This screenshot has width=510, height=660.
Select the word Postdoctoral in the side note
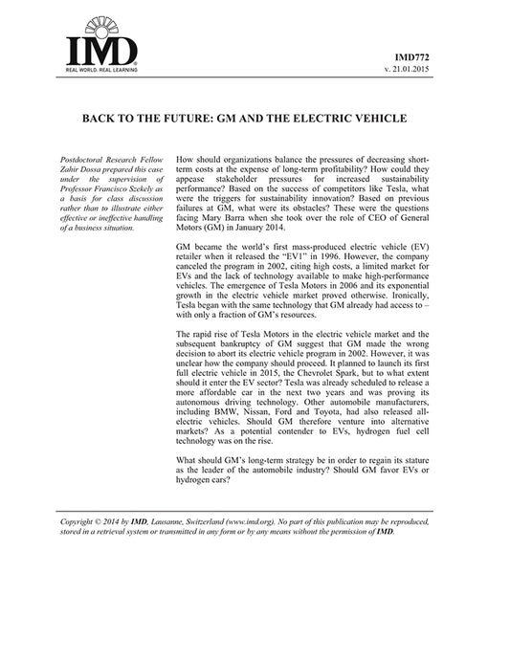click(87, 157)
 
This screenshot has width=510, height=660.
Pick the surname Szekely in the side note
click(139, 189)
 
